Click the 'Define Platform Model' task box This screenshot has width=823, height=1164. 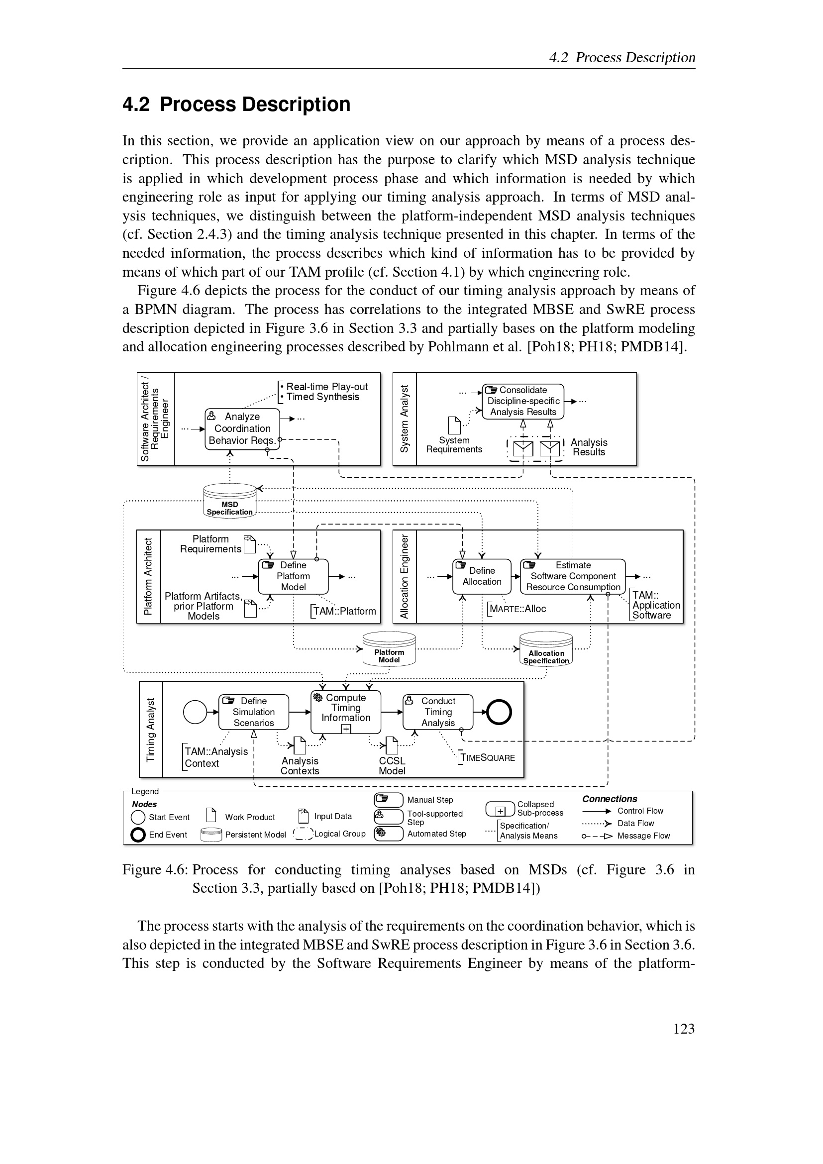click(x=293, y=576)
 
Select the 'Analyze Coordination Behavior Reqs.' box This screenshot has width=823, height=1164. click(x=242, y=428)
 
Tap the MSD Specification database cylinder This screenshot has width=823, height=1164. click(x=229, y=500)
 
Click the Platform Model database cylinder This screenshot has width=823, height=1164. click(x=389, y=649)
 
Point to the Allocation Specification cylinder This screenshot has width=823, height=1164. click(x=546, y=649)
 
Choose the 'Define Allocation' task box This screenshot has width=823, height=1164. click(x=482, y=576)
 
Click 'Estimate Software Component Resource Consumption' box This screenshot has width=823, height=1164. click(x=573, y=576)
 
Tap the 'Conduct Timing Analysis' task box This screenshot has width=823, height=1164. click(x=438, y=712)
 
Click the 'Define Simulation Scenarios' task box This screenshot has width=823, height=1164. click(x=253, y=712)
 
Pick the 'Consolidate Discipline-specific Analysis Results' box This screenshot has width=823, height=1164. click(x=523, y=401)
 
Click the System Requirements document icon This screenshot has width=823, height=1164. click(x=455, y=425)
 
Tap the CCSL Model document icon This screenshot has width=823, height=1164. click(x=392, y=745)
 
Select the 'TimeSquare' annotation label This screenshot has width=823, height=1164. click(x=488, y=757)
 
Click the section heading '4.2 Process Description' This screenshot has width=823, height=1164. click(x=236, y=105)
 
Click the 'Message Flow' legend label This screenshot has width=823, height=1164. click(x=643, y=836)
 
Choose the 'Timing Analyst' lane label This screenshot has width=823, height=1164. click(x=150, y=730)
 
